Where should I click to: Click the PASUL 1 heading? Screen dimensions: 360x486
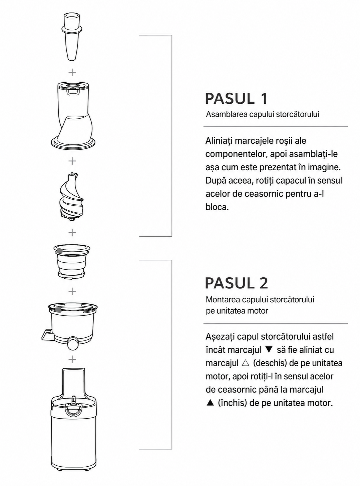pyautogui.click(x=236, y=99)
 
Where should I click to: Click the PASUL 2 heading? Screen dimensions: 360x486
pyautogui.click(x=237, y=283)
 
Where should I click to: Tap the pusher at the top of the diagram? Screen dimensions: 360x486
pyautogui.click(x=72, y=37)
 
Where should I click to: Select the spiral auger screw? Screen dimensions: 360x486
pyautogui.click(x=72, y=197)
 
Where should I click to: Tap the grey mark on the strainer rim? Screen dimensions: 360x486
pyautogui.click(x=59, y=250)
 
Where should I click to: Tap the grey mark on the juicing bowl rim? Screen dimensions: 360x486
pyautogui.click(x=58, y=309)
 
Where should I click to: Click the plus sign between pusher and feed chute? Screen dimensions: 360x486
pyautogui.click(x=72, y=72)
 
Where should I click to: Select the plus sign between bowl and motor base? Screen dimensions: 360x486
pyautogui.click(x=72, y=359)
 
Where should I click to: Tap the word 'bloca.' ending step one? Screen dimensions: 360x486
pyautogui.click(x=217, y=207)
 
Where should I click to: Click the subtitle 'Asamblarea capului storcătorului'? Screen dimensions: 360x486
pyautogui.click(x=262, y=114)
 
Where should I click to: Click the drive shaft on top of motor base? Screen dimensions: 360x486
pyautogui.click(x=74, y=399)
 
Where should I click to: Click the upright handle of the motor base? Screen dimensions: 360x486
pyautogui.click(x=73, y=383)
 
